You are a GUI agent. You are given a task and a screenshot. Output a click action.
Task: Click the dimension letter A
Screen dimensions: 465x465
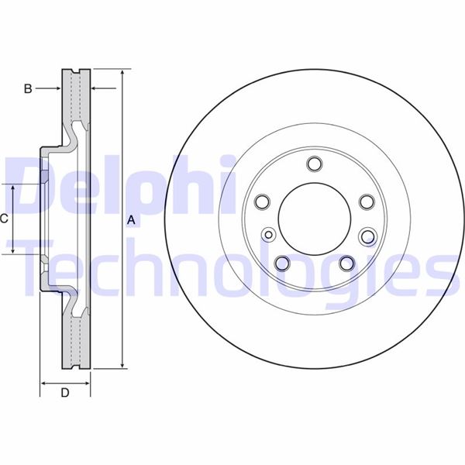pos(131,220)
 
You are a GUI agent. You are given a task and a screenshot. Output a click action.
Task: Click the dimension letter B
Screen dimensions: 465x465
pos(28,88)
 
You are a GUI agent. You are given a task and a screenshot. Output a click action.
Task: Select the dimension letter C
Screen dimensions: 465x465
pos(4,219)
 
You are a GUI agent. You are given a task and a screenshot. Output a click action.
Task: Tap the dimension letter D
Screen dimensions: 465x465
pos(65,393)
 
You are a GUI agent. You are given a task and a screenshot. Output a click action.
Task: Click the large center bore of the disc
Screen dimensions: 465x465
pos(315,219)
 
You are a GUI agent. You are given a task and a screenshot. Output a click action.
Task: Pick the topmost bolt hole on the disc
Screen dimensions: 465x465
pos(315,164)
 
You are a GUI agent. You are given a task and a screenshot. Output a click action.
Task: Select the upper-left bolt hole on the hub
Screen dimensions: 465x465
pos(262,201)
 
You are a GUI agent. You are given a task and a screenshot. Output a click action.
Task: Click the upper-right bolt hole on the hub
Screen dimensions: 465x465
pos(367,201)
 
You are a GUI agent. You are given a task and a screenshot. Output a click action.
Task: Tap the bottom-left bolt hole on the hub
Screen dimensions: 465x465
pos(282,263)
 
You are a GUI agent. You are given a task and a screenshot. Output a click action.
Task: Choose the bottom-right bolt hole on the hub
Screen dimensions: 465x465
pos(347,263)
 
